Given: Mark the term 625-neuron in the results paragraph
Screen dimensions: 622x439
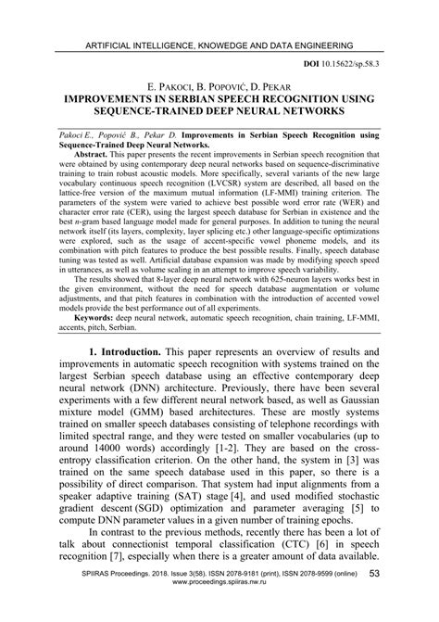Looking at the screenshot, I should click(x=271, y=277).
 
